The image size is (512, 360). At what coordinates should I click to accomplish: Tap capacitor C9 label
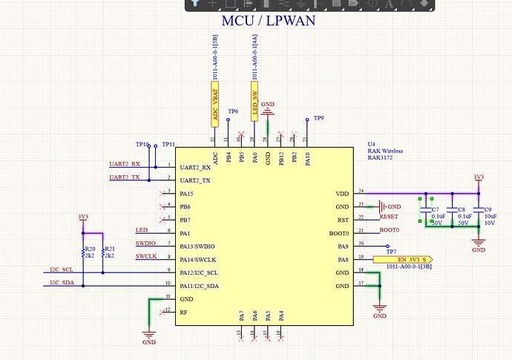pyautogui.click(x=488, y=209)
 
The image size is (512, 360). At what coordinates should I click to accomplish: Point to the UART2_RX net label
pyautogui.click(x=124, y=164)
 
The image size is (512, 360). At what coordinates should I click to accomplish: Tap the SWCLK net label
pyautogui.click(x=145, y=256)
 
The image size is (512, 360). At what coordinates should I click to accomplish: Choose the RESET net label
pyautogui.click(x=389, y=217)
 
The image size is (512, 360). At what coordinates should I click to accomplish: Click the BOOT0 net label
pyautogui.click(x=390, y=230)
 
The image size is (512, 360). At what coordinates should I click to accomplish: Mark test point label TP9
pyautogui.click(x=319, y=118)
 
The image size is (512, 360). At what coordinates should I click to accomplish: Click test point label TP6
pyautogui.click(x=233, y=111)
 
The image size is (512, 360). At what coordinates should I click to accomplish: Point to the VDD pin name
pyautogui.click(x=341, y=194)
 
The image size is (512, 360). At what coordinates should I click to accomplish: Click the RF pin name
pyautogui.click(x=183, y=312)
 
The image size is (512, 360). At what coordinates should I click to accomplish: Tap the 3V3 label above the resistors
pyautogui.click(x=83, y=217)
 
